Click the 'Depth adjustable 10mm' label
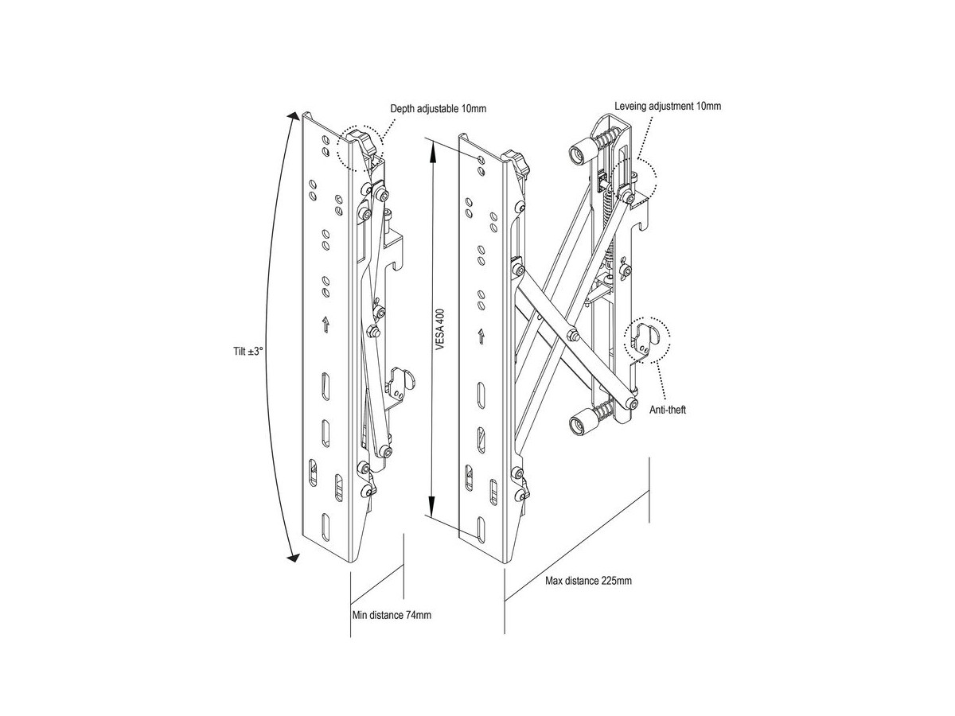[438, 108]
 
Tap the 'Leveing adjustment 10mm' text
[668, 106]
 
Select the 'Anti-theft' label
[668, 410]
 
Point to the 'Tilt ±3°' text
[248, 352]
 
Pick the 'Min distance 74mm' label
[392, 615]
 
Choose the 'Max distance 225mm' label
[588, 581]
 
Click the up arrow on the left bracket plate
[325, 325]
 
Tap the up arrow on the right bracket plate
[481, 336]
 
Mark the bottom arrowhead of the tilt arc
[294, 558]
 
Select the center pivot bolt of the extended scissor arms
[572, 335]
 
